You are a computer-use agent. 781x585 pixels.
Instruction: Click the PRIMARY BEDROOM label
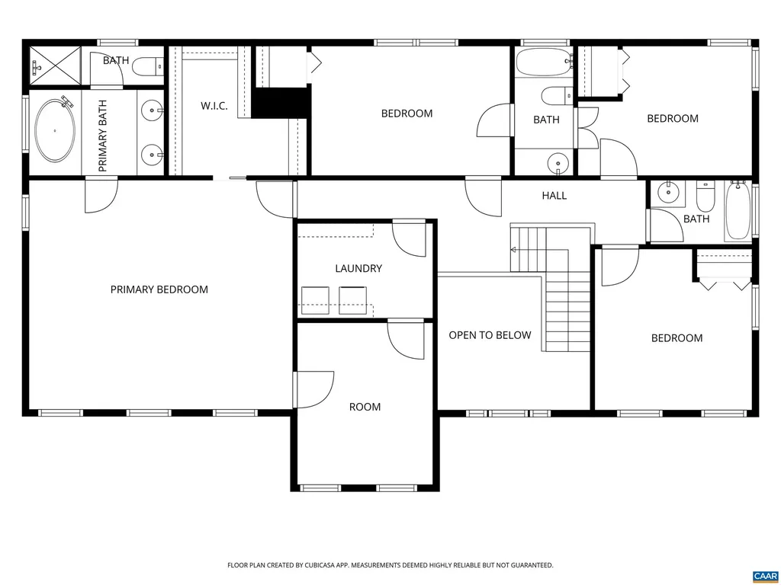pyautogui.click(x=159, y=289)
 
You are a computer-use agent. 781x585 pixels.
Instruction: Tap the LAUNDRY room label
pyautogui.click(x=358, y=268)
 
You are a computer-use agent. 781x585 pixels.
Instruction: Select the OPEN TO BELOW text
pyautogui.click(x=490, y=335)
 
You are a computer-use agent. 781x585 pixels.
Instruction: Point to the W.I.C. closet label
pyautogui.click(x=214, y=106)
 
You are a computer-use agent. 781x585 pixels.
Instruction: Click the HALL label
pyautogui.click(x=554, y=196)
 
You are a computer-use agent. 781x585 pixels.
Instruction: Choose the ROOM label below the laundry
pyautogui.click(x=365, y=407)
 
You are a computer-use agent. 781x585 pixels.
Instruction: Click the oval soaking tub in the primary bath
pyautogui.click(x=55, y=130)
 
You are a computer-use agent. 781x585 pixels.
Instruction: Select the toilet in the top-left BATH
pyautogui.click(x=148, y=68)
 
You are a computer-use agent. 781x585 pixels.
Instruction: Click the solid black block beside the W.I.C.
pyautogui.click(x=281, y=103)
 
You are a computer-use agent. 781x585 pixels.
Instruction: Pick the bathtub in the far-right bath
pyautogui.click(x=738, y=211)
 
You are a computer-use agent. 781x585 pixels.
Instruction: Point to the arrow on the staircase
pyautogui.click(x=514, y=250)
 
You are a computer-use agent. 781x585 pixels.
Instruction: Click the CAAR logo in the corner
pyautogui.click(x=764, y=575)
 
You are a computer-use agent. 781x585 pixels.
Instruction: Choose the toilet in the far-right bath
pyautogui.click(x=705, y=197)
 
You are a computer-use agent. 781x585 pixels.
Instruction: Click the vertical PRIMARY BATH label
pyautogui.click(x=103, y=135)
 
